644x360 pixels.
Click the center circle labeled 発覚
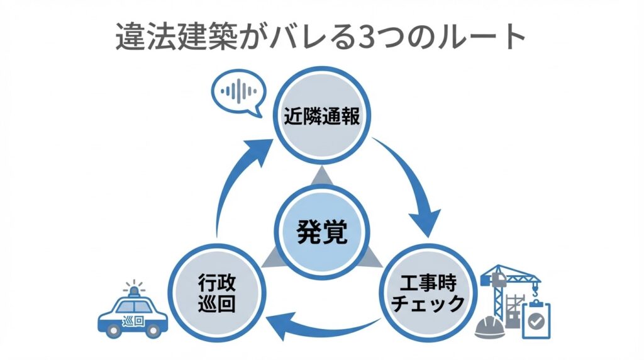click(321, 232)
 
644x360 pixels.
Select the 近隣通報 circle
click(319, 117)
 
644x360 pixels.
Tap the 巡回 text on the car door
click(134, 318)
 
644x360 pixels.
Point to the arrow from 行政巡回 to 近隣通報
click(233, 183)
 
